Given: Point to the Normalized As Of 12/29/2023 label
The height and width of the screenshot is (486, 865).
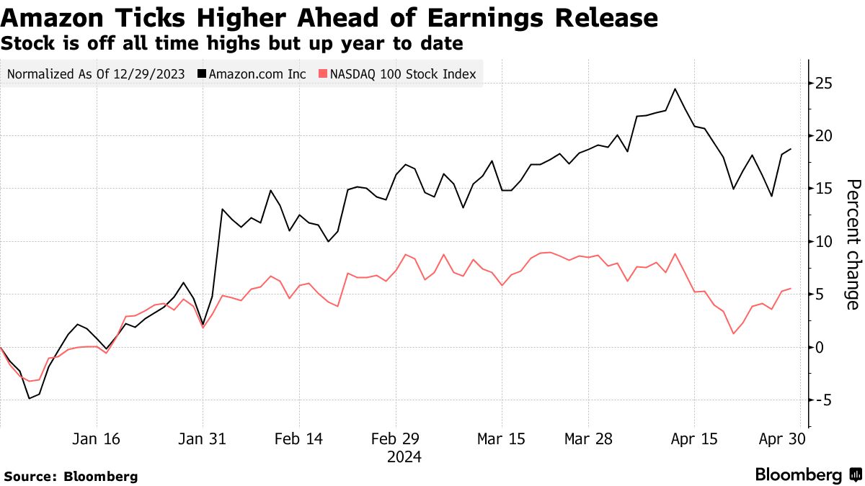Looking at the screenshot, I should pyautogui.click(x=97, y=74).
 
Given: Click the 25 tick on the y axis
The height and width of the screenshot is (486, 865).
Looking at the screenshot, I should pyautogui.click(x=824, y=84).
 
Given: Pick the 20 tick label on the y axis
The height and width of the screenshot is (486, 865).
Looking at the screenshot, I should pyautogui.click(x=824, y=136).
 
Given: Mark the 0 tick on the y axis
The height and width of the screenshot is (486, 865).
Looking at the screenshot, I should pyautogui.click(x=820, y=347).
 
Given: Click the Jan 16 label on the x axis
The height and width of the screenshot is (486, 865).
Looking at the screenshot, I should pyautogui.click(x=97, y=439).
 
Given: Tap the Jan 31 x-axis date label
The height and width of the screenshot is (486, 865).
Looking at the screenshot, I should pyautogui.click(x=203, y=439).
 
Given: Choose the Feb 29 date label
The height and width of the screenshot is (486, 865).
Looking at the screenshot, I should pyautogui.click(x=396, y=439).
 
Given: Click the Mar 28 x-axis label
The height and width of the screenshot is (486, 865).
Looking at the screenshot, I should pyautogui.click(x=588, y=439).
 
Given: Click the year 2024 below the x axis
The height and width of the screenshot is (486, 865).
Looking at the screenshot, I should pyautogui.click(x=404, y=457).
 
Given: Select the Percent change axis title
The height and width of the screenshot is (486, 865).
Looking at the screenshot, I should pyautogui.click(x=852, y=244).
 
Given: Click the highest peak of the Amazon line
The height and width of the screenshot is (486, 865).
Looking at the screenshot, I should pyautogui.click(x=675, y=89).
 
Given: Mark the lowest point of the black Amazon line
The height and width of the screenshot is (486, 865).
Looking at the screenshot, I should pyautogui.click(x=30, y=398).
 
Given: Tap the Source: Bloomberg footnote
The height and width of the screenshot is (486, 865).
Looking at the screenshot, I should pyautogui.click(x=71, y=476).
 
